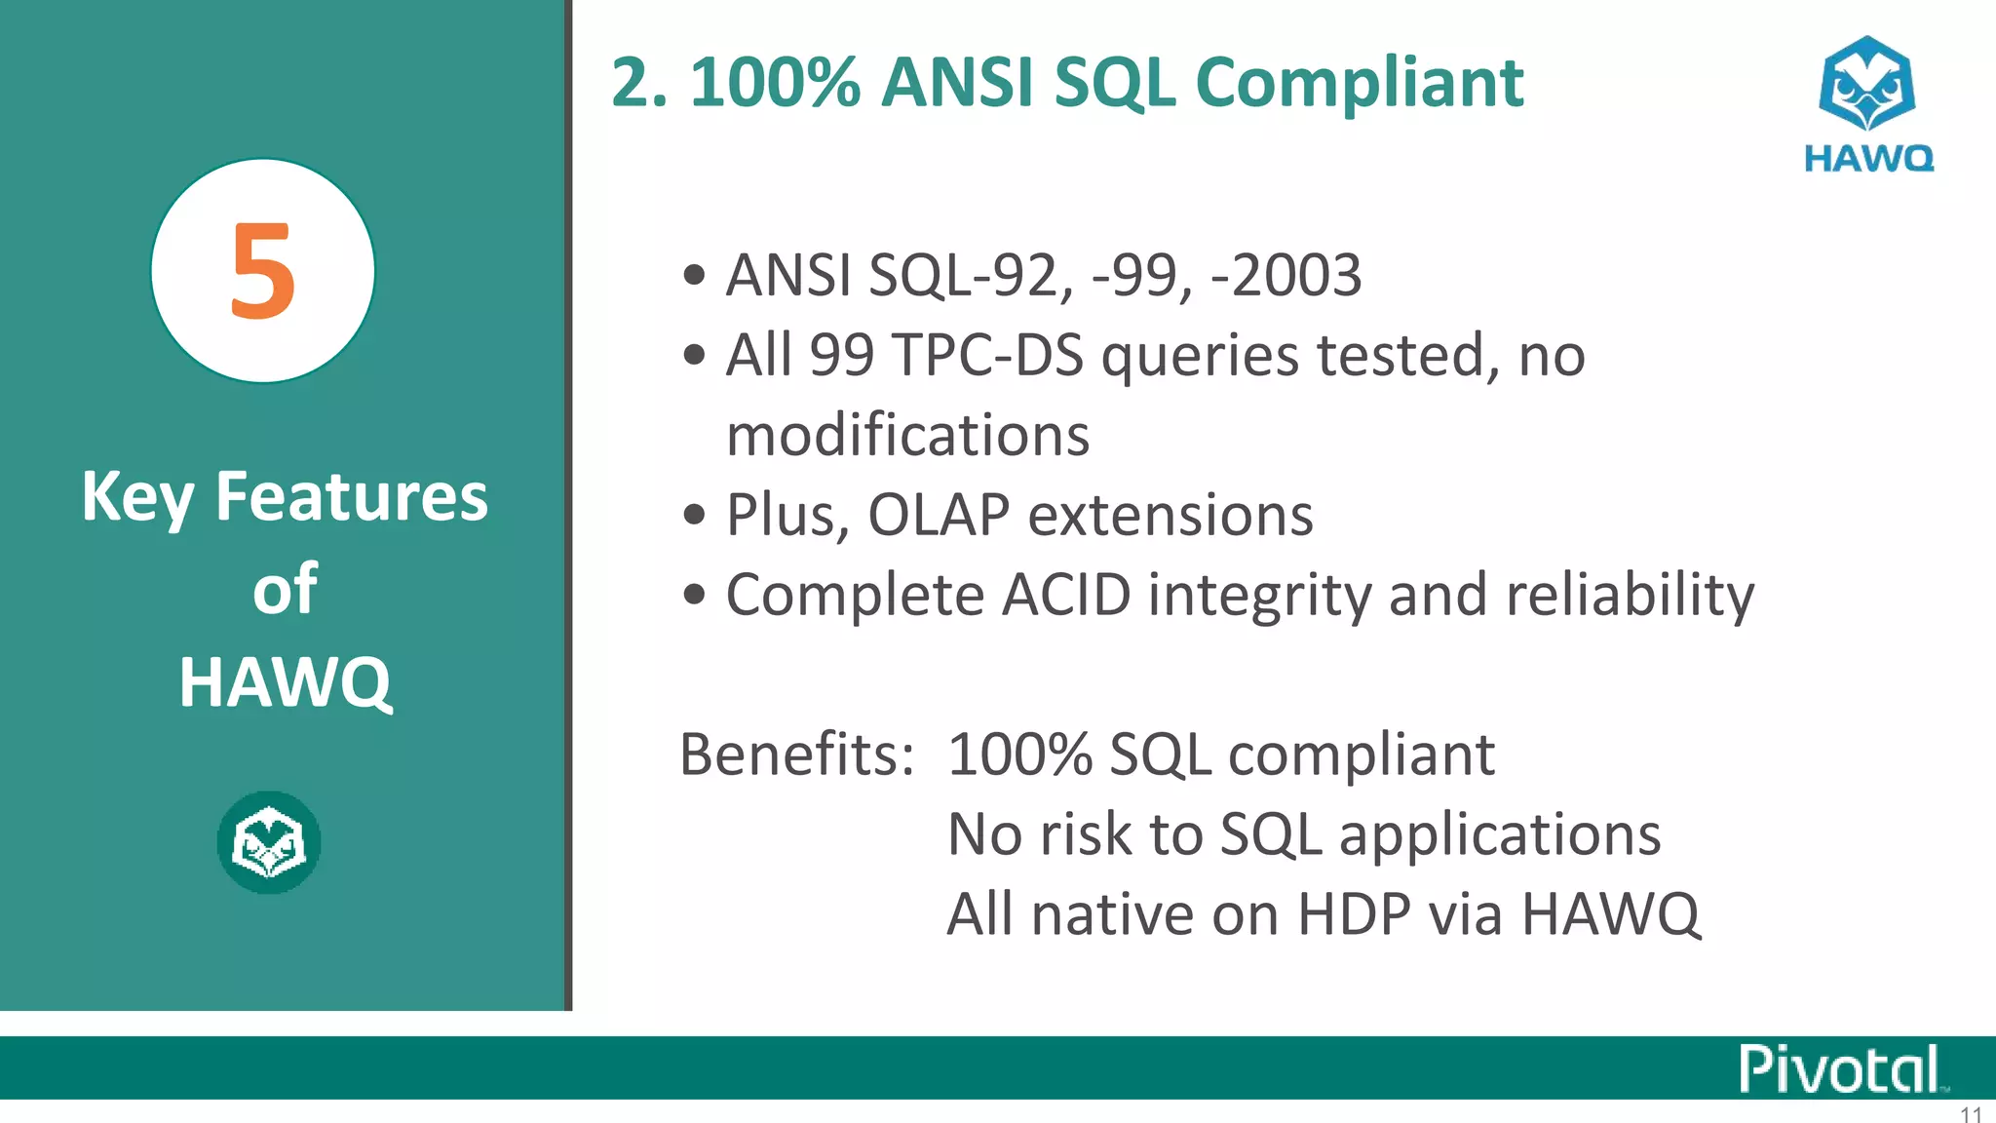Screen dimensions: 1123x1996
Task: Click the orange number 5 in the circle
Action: pos(262,271)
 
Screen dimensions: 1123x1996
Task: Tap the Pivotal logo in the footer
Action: pos(1840,1068)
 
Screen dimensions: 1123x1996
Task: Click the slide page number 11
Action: pos(1971,1114)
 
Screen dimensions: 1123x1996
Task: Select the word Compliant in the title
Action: pos(1359,84)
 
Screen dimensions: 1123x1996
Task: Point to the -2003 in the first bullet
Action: pos(1286,276)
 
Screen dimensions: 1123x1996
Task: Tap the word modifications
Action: pos(907,435)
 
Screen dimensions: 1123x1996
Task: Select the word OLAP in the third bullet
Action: pos(938,515)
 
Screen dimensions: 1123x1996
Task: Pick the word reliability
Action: pos(1630,595)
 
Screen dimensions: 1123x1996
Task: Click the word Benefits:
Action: pos(797,755)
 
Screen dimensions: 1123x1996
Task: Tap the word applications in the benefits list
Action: pos(1500,835)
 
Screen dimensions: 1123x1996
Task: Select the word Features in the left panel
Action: pos(351,497)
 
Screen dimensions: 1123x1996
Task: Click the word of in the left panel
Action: pos(285,590)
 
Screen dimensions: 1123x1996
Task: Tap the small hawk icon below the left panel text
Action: pos(269,843)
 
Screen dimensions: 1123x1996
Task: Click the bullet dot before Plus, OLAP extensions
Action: pos(694,515)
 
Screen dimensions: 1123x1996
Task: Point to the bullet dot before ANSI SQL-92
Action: pos(694,275)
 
